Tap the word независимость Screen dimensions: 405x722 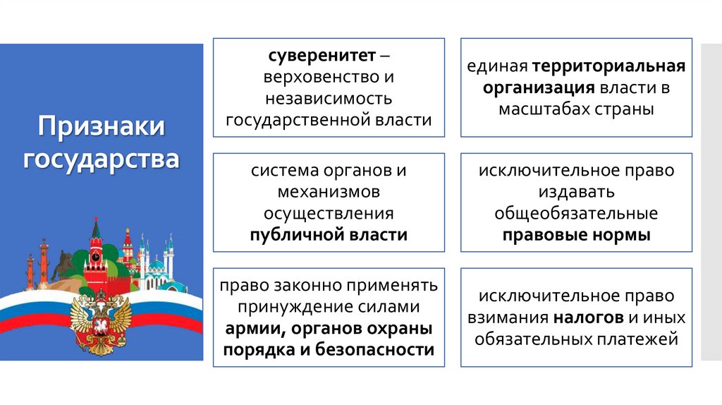pyautogui.click(x=329, y=98)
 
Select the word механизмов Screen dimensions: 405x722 pyautogui.click(x=329, y=192)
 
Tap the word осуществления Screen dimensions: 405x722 pyautogui.click(x=329, y=213)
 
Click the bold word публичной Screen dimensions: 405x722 pyautogui.click(x=295, y=235)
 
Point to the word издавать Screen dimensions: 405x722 pyautogui.click(x=577, y=192)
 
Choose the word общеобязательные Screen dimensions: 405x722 pyautogui.click(x=576, y=213)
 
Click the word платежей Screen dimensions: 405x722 pyautogui.click(x=641, y=339)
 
